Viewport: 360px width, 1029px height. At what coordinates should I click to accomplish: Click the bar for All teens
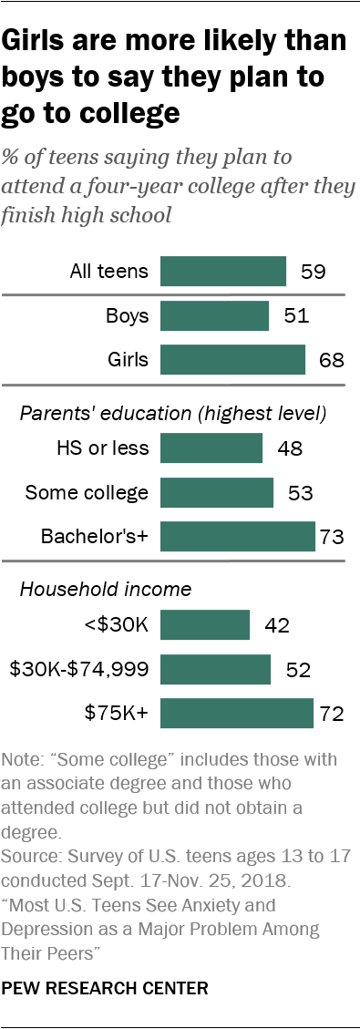(x=223, y=272)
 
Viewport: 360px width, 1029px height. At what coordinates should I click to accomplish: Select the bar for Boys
(x=214, y=316)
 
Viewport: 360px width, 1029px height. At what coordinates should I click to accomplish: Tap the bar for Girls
(x=232, y=360)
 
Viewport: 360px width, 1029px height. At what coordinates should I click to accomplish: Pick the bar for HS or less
(x=211, y=448)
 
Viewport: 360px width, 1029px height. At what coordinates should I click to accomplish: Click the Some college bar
(x=217, y=493)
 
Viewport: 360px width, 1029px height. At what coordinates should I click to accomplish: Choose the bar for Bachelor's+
(x=237, y=537)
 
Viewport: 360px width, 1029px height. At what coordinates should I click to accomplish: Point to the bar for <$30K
(x=205, y=625)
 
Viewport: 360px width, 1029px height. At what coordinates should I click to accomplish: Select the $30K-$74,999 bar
(x=215, y=670)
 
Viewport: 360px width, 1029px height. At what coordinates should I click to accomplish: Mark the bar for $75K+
(x=237, y=714)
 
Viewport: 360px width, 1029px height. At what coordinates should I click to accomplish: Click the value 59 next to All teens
(x=312, y=272)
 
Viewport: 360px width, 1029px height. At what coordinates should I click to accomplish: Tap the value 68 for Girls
(x=331, y=360)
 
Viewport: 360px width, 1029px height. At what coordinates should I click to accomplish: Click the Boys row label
(x=128, y=316)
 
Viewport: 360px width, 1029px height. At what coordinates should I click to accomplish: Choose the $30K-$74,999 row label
(x=78, y=670)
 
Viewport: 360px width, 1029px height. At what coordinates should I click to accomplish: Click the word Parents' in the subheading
(x=53, y=414)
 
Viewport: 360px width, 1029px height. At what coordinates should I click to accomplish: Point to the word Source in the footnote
(x=28, y=859)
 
